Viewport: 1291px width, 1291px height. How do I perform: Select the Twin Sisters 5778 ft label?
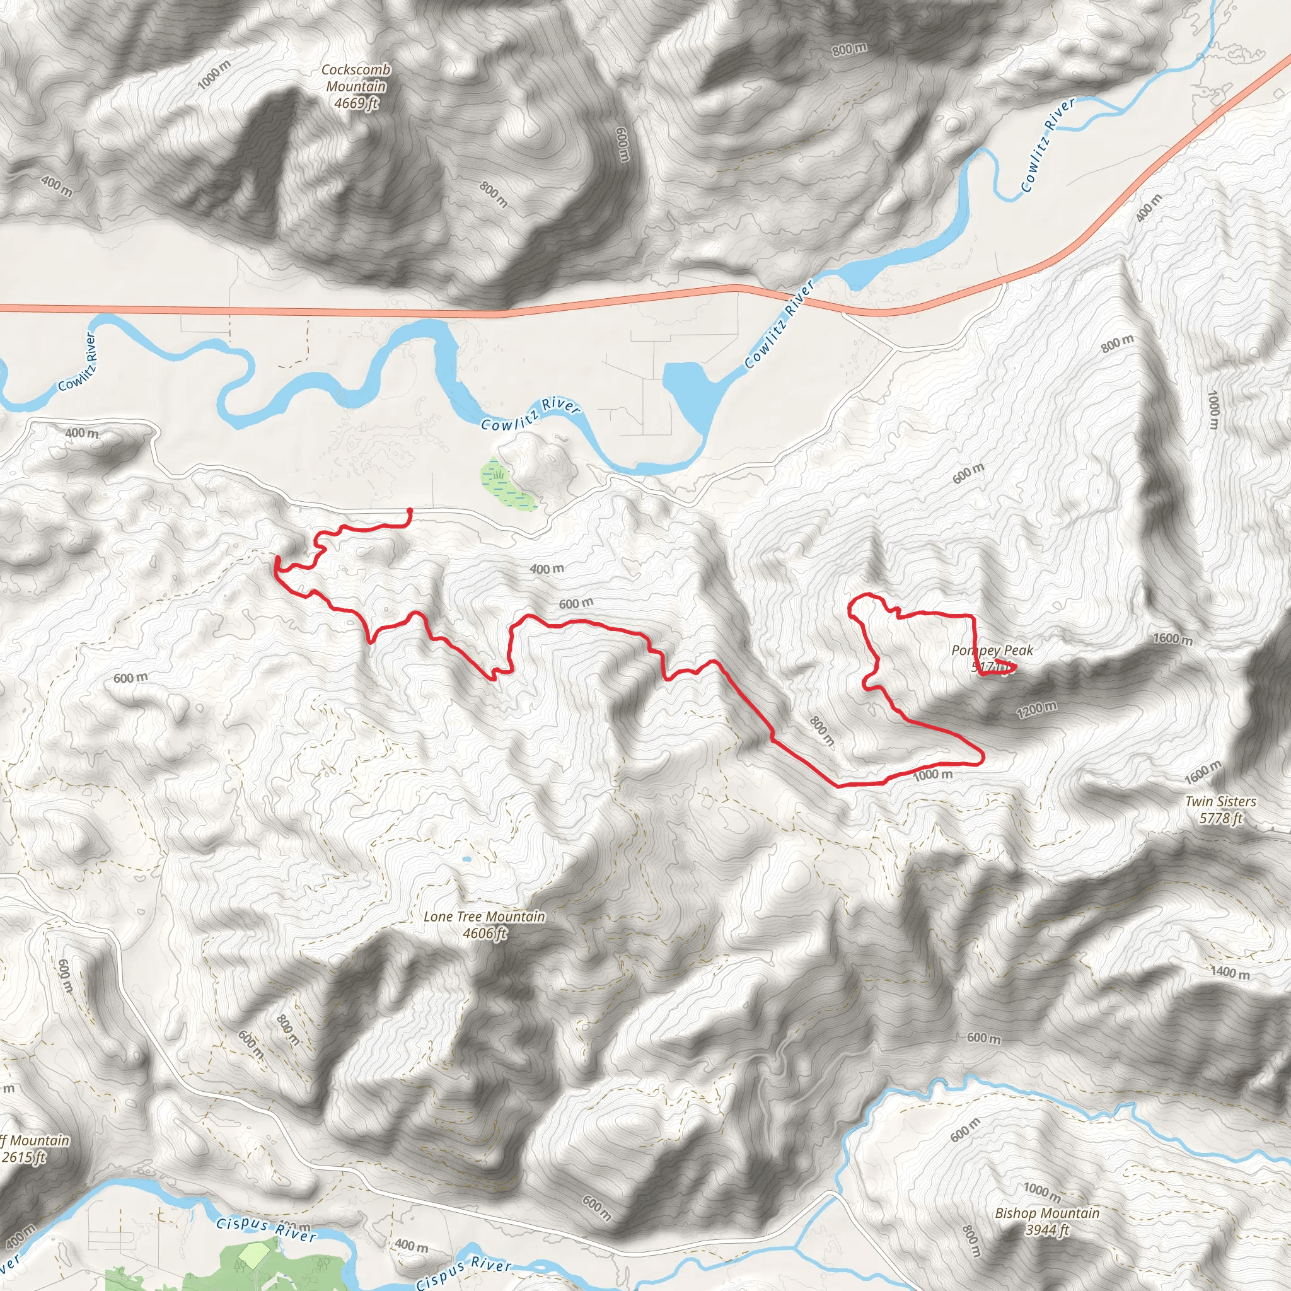1220,809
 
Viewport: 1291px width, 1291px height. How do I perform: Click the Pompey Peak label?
992,650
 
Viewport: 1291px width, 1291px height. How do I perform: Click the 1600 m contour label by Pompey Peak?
1172,639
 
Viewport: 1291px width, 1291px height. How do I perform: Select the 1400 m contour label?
1229,972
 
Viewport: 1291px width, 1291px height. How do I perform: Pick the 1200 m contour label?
1036,710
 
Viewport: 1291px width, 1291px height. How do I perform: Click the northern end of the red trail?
410,511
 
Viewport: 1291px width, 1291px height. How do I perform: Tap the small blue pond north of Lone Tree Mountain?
466,859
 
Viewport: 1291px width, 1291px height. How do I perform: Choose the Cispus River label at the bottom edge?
463,1272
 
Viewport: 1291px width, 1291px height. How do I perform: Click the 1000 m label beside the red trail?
932,775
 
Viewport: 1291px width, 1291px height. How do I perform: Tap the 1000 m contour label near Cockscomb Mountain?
214,74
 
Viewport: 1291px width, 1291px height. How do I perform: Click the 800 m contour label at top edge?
849,49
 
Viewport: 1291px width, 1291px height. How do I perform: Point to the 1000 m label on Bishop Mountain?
1042,1191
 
